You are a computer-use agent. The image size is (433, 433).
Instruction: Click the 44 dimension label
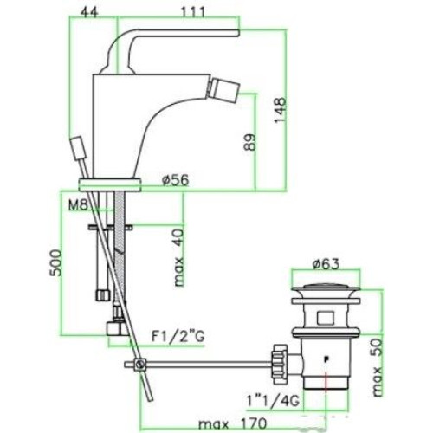tap(89, 12)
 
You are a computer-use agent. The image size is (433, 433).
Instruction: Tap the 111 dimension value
tap(193, 12)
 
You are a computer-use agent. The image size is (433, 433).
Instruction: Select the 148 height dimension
tap(280, 110)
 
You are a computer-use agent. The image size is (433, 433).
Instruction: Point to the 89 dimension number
tap(250, 142)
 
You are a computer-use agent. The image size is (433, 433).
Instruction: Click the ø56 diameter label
tap(175, 180)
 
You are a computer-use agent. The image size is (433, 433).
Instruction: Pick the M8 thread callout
tap(78, 205)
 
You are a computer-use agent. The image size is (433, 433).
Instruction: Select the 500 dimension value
tap(55, 263)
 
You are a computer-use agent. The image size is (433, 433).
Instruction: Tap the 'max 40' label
tap(179, 257)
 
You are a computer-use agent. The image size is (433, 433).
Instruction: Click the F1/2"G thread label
tap(178, 336)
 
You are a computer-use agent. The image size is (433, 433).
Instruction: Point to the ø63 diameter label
tap(326, 264)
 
